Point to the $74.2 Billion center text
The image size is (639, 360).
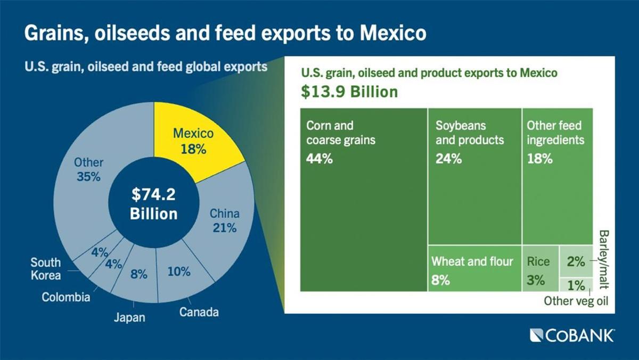(x=153, y=204)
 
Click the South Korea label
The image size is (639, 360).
(x=45, y=269)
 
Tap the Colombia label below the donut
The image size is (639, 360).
(x=66, y=297)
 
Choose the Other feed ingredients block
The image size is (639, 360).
(x=556, y=176)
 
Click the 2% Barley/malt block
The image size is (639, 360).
(x=576, y=261)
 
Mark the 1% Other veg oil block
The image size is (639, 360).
(x=576, y=284)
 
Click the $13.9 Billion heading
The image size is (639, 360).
(x=349, y=92)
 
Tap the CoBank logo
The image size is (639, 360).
(x=572, y=335)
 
